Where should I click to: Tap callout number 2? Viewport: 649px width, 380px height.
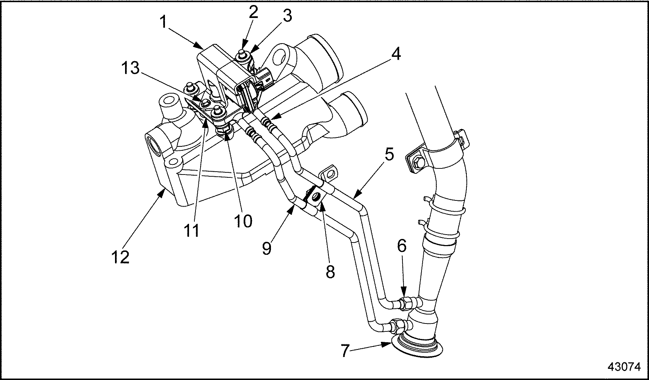point(253,13)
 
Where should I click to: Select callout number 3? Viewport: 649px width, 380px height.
point(287,16)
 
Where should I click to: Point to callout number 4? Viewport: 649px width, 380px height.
point(395,54)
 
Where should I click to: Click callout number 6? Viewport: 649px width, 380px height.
point(402,246)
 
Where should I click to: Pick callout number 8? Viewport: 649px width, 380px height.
point(330,272)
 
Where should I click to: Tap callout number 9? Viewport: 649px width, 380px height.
point(267,248)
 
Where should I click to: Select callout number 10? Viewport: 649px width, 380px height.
point(243,221)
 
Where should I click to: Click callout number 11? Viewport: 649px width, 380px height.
point(193,230)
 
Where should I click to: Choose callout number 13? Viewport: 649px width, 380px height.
point(130,68)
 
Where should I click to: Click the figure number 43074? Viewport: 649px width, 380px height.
point(624,367)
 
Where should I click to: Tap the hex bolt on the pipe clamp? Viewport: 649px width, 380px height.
point(418,162)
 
